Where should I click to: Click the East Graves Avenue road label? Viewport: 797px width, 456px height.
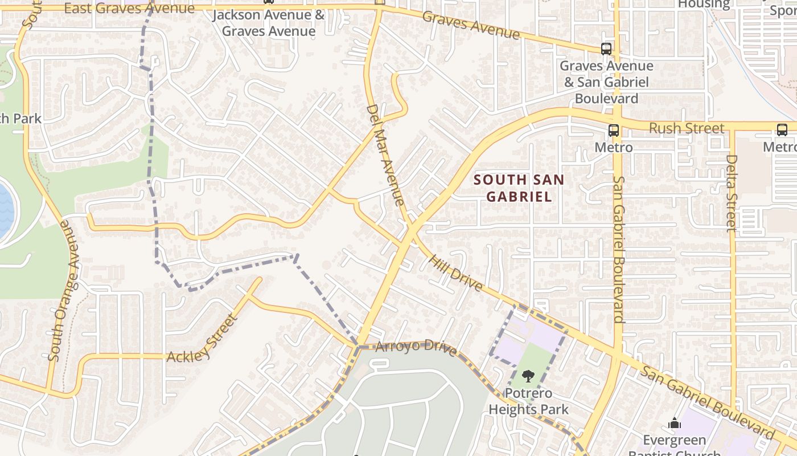coord(129,8)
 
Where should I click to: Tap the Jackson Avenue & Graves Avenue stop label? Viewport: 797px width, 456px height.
coord(268,23)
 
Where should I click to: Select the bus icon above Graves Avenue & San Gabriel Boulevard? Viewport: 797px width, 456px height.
coord(606,49)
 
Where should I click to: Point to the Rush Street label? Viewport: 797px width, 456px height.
coord(687,128)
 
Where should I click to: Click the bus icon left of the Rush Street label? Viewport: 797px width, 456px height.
coord(613,130)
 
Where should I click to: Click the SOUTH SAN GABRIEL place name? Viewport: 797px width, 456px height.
coord(519,188)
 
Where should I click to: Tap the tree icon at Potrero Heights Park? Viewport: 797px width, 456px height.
coord(528,376)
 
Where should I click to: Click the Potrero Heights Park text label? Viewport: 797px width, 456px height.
coord(528,401)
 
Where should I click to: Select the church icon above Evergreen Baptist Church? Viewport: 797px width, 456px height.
coord(675,423)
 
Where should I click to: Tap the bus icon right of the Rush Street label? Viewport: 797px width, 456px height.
coord(782,129)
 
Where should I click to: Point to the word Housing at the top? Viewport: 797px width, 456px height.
coord(704,5)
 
